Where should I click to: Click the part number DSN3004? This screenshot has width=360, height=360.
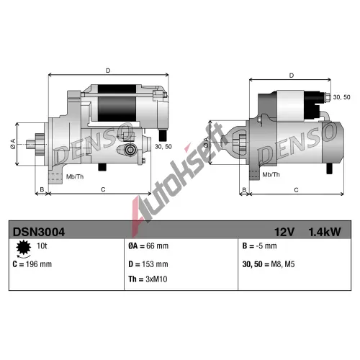point(39,232)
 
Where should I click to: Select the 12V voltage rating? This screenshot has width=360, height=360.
point(284,232)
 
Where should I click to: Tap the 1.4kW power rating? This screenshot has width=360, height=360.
point(325,232)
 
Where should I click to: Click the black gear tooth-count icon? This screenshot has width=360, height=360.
point(23,247)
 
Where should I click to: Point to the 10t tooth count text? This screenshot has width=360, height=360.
point(42,246)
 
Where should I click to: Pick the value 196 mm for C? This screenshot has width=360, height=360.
point(39,264)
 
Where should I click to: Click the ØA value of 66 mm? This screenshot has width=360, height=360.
point(157,246)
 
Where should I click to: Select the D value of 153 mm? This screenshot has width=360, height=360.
point(155,264)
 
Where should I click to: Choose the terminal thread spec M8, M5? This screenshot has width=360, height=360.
point(283,264)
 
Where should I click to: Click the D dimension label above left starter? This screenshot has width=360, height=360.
point(108,71)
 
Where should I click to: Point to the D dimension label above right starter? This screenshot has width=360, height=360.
point(292,76)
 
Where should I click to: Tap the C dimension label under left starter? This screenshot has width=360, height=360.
point(103,189)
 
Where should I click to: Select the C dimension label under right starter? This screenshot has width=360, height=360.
point(296,190)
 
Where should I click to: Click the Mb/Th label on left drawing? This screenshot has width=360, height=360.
point(75,177)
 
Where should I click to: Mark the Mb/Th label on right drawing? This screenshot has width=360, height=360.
point(271,175)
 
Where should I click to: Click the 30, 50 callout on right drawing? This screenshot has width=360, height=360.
point(341,97)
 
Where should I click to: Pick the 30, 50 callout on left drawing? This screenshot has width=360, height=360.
point(163,147)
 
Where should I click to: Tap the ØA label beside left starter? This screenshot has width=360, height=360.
point(13,144)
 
